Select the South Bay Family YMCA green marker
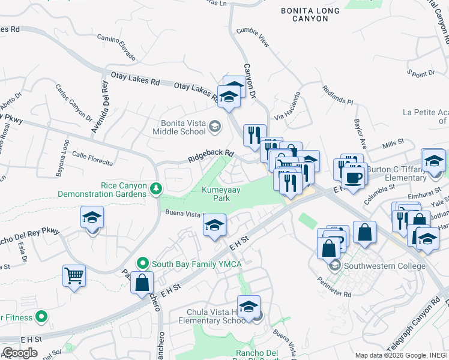point(142,263)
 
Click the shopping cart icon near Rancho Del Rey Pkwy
point(74,277)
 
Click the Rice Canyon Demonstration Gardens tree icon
point(156,189)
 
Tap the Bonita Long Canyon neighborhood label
point(310,14)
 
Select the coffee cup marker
point(354,176)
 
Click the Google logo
point(20,353)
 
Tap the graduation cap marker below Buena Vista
point(214,226)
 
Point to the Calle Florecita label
point(92,158)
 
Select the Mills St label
point(394,146)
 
